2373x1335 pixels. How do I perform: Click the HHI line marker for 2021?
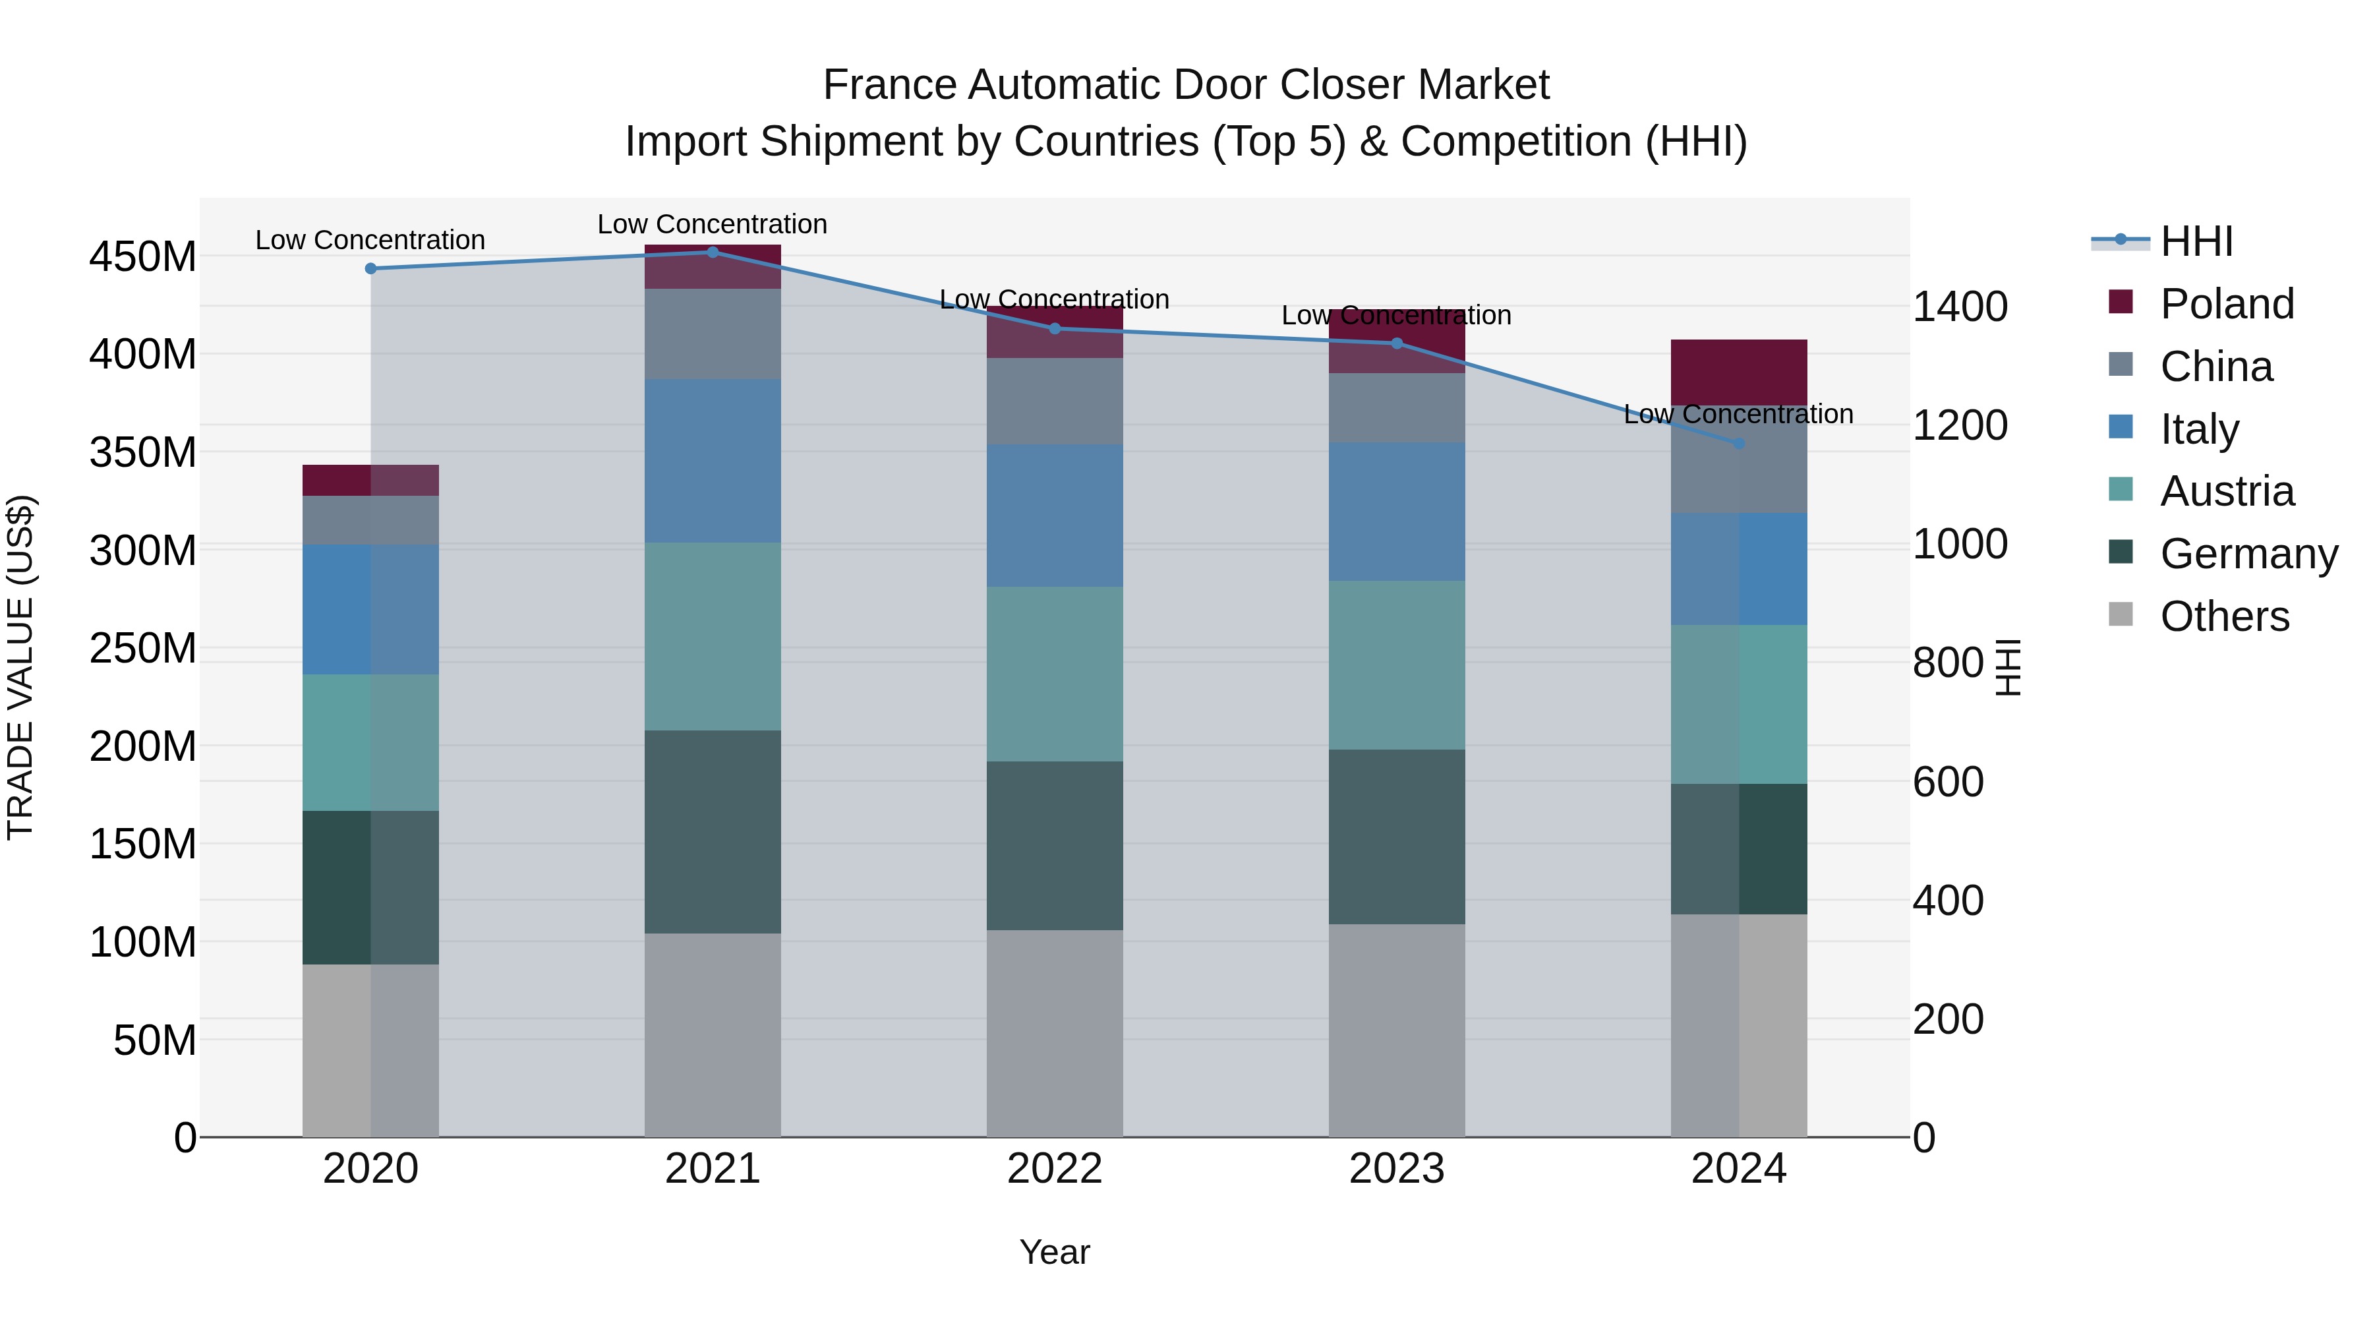[712, 252]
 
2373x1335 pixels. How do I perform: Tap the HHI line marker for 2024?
[1738, 443]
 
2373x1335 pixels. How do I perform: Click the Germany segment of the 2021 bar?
[712, 831]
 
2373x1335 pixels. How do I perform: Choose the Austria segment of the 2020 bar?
[370, 742]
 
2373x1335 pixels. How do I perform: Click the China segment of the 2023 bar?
[1397, 407]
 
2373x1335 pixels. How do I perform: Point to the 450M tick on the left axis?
[143, 256]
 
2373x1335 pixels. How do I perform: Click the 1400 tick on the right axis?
[1960, 306]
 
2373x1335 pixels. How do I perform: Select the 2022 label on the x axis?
[1055, 1168]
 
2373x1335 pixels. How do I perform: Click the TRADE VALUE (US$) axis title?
[20, 667]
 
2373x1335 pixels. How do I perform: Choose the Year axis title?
[1055, 1252]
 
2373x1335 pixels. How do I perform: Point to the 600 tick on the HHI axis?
[1947, 781]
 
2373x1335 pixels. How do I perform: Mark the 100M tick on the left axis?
[143, 941]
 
